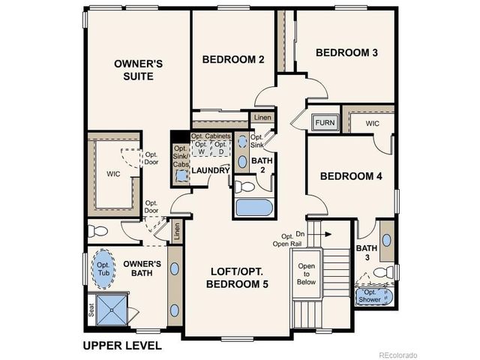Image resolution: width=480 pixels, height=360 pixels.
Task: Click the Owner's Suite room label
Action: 134,70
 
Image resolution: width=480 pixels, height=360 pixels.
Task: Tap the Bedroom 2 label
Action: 232,59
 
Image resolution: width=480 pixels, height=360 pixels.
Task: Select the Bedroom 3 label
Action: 346,52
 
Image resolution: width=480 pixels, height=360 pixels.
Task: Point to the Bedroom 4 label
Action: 351,177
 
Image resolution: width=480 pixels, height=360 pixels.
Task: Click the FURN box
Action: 324,122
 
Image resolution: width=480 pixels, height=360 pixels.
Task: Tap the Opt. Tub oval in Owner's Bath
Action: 101,268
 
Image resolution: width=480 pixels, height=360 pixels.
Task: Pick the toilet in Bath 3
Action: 382,271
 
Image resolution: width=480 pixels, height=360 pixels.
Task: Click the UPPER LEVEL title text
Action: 121,346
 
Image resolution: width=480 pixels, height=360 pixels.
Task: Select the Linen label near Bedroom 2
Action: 262,118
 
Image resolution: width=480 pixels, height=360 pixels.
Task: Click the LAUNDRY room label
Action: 210,171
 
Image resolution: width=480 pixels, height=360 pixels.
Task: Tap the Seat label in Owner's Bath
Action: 91,308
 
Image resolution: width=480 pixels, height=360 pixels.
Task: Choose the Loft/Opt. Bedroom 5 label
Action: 238,277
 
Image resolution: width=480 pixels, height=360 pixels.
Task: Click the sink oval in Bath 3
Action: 386,241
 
